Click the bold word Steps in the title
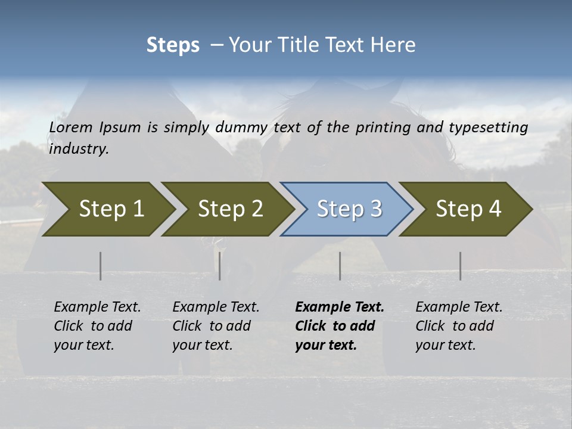click(173, 45)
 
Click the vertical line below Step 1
click(101, 266)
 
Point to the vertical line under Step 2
click(220, 266)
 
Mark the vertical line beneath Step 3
click(340, 266)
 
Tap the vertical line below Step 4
click(460, 266)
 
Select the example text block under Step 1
click(97, 325)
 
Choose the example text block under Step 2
click(216, 325)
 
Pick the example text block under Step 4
click(459, 325)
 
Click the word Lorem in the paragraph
click(71, 127)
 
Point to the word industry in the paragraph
click(79, 149)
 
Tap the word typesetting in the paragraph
click(493, 128)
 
